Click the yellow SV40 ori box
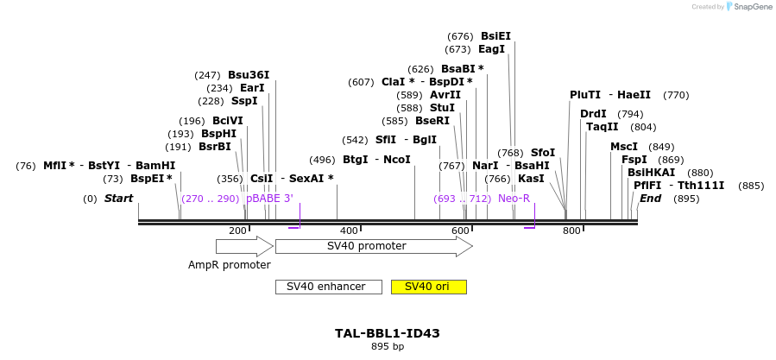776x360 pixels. [x=428, y=287]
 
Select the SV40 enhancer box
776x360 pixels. [x=328, y=287]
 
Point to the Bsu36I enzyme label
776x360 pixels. [x=249, y=75]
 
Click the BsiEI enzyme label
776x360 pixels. [x=495, y=36]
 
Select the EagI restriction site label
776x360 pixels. [x=491, y=49]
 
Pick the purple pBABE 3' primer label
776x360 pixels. [x=269, y=199]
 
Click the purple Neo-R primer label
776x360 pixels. [x=514, y=199]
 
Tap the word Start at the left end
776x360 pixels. [x=118, y=199]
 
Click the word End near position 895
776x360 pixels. [x=650, y=199]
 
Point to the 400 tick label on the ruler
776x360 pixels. [x=349, y=231]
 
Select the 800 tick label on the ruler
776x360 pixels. [x=571, y=231]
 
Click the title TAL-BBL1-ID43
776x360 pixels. [x=388, y=333]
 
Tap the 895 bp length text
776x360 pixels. [x=388, y=346]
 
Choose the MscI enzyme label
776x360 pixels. [x=624, y=147]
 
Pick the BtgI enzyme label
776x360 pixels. [x=356, y=160]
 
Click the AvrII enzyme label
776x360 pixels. [x=445, y=95]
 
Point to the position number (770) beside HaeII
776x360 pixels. [x=677, y=95]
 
